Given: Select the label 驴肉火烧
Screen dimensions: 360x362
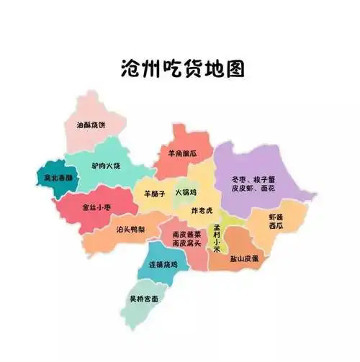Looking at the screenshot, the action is [x=106, y=166].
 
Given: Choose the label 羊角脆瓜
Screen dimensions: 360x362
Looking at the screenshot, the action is [x=181, y=153].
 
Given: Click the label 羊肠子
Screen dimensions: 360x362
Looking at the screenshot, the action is [x=155, y=193].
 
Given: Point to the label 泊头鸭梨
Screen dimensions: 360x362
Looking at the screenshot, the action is [x=132, y=230].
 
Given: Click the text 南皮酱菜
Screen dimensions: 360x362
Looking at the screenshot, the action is [x=186, y=235].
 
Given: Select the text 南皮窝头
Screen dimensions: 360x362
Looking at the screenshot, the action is [x=186, y=245].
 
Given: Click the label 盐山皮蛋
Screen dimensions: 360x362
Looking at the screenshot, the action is [x=245, y=258].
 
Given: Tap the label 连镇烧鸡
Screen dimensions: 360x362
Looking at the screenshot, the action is [x=163, y=265].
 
